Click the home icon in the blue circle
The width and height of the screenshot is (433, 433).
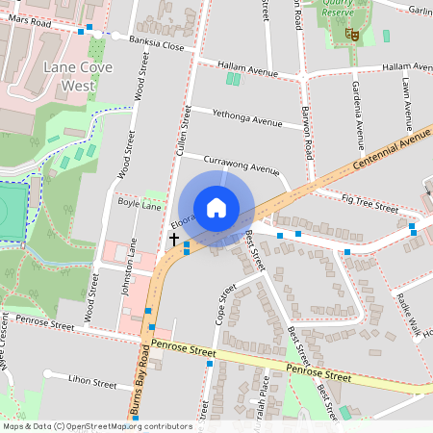216,208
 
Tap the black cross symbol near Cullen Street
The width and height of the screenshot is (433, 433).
174,238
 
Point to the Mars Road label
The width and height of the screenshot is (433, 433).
26,20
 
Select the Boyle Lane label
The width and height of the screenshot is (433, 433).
139,205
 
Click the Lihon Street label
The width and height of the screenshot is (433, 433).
91,383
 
